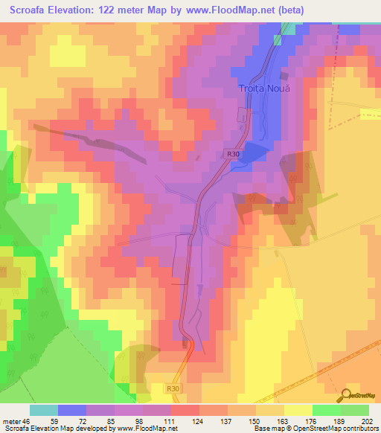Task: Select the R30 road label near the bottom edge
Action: [x=173, y=388]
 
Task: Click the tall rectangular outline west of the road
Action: [x=181, y=259]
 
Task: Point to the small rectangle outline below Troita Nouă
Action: [x=242, y=115]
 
